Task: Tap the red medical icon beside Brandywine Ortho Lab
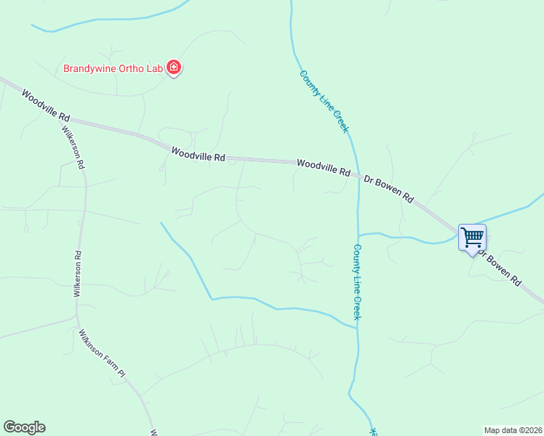[174, 68]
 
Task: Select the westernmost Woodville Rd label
[45, 105]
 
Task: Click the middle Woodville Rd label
[199, 154]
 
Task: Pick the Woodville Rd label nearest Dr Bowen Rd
[324, 167]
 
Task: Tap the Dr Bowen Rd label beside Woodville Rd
[388, 187]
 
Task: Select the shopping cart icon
[473, 237]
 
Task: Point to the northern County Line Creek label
[324, 101]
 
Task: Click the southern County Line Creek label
[357, 281]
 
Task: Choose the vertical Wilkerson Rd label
[77, 274]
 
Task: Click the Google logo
[24, 427]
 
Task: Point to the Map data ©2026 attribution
[513, 429]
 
